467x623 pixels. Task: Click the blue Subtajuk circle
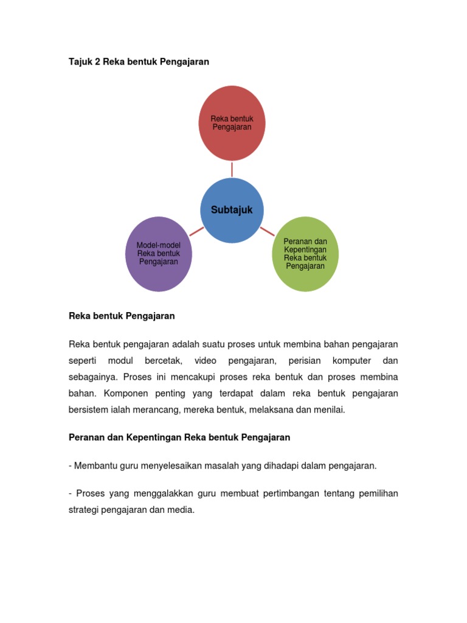tap(232, 210)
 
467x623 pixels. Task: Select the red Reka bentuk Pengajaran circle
tap(232, 123)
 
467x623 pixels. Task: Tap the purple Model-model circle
tap(158, 254)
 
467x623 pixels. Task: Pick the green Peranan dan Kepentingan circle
tap(305, 254)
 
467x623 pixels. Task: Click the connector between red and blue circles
tap(232, 169)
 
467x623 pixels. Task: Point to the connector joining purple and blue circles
tap(196, 231)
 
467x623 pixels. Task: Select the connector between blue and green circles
tap(268, 231)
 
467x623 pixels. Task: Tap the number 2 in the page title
tap(97, 62)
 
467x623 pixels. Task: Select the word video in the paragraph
tap(205, 361)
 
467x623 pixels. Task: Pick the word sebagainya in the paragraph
tap(92, 377)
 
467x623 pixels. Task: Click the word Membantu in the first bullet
tap(91, 465)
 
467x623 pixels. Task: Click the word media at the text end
tap(182, 510)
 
